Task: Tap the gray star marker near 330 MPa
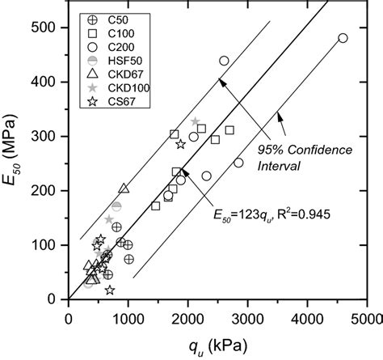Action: click(196, 121)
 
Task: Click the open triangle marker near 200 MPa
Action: click(124, 188)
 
